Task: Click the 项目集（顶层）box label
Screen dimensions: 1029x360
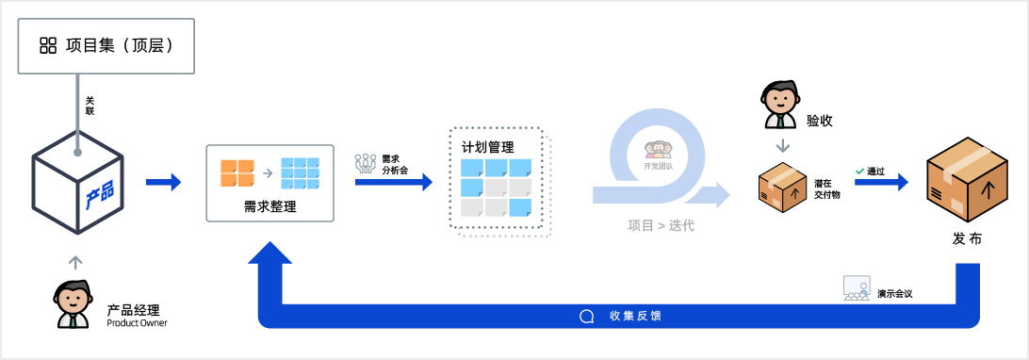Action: click(x=120, y=46)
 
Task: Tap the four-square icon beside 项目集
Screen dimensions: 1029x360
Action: click(x=48, y=46)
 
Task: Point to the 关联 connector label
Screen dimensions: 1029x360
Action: click(x=90, y=106)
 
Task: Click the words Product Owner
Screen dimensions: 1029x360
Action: click(x=137, y=322)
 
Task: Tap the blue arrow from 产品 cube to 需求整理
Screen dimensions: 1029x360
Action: click(x=163, y=181)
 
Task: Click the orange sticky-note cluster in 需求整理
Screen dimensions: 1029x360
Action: click(x=237, y=172)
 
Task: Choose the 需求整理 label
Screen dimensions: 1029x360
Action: click(x=269, y=207)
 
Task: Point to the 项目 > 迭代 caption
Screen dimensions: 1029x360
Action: click(x=661, y=226)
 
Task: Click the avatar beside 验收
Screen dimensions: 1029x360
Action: click(x=779, y=105)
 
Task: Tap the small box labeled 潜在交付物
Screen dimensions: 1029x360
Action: click(x=782, y=187)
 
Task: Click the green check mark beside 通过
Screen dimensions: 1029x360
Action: click(x=859, y=172)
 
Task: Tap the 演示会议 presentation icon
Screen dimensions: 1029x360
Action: click(x=857, y=288)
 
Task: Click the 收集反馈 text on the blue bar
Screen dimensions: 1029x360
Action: click(x=635, y=316)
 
